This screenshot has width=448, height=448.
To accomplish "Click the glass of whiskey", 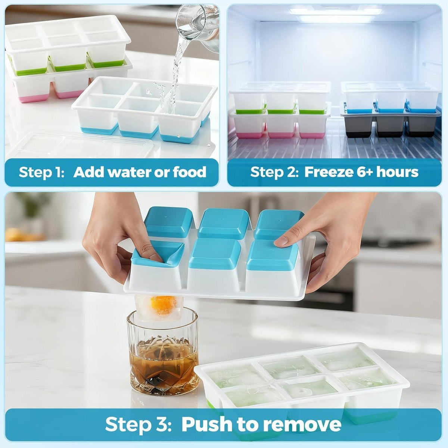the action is point(163,351).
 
